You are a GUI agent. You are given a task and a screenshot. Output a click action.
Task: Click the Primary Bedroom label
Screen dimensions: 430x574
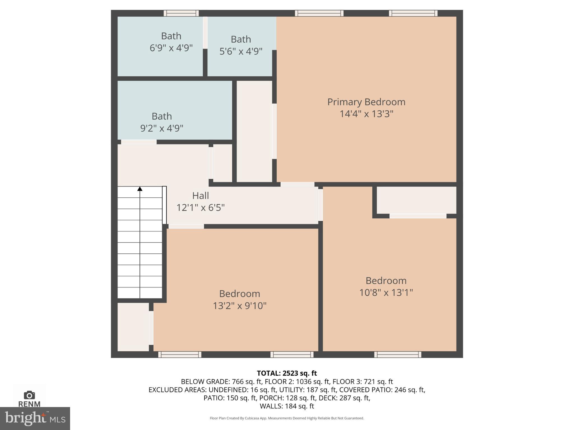pyautogui.click(x=366, y=102)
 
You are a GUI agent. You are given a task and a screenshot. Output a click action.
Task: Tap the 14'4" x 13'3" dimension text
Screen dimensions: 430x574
pyautogui.click(x=366, y=114)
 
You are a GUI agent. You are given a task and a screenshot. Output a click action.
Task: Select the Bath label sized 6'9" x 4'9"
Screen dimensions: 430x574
pyautogui.click(x=171, y=36)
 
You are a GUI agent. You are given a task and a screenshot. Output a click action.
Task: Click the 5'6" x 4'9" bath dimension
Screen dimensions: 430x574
pyautogui.click(x=241, y=52)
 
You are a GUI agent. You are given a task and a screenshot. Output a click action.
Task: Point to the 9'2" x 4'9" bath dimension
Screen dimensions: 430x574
pyautogui.click(x=162, y=128)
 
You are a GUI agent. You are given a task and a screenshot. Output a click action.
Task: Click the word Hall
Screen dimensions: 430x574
pyautogui.click(x=200, y=195)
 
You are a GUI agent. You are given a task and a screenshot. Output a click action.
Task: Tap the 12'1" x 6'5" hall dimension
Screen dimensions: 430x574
pyautogui.click(x=200, y=208)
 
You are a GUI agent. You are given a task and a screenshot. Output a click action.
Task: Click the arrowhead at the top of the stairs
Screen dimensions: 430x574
pyautogui.click(x=140, y=189)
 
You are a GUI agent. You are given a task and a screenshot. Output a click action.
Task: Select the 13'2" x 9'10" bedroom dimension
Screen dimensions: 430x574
pyautogui.click(x=239, y=306)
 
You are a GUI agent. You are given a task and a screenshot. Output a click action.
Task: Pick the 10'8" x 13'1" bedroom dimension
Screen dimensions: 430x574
pyautogui.click(x=386, y=293)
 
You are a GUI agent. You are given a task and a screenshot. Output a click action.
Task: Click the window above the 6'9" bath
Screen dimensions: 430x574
pyautogui.click(x=181, y=13)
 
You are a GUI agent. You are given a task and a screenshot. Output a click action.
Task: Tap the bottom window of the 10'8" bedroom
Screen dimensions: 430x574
pyautogui.click(x=397, y=354)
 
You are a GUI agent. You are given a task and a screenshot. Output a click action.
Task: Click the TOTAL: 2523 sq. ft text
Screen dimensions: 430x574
pyautogui.click(x=287, y=373)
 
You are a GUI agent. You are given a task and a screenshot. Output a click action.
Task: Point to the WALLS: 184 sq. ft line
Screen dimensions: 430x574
pyautogui.click(x=287, y=406)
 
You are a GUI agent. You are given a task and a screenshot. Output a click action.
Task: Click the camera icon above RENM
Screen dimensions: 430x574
pyautogui.click(x=29, y=395)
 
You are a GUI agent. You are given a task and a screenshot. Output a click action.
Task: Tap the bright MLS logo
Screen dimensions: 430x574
pyautogui.click(x=35, y=418)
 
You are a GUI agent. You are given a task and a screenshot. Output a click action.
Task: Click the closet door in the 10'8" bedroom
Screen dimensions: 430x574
pyautogui.click(x=418, y=216)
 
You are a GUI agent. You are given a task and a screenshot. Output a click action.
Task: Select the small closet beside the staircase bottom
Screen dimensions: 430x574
pyautogui.click(x=133, y=327)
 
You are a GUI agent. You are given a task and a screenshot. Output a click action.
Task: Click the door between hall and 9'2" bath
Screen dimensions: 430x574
pyautogui.click(x=139, y=142)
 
